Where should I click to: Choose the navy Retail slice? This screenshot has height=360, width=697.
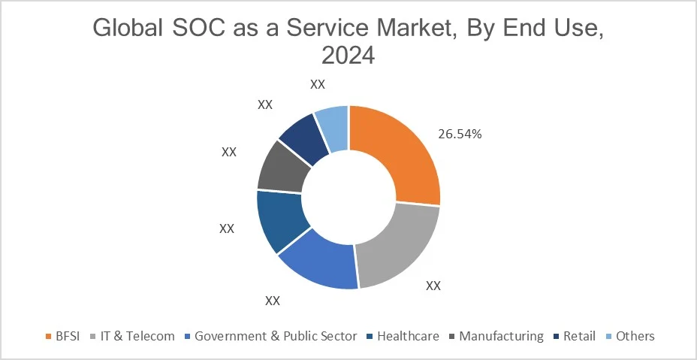tap(305, 135)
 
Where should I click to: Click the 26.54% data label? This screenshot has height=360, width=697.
tap(459, 135)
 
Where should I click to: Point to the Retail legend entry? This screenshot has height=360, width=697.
tap(579, 336)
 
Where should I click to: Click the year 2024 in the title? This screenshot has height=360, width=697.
tap(348, 56)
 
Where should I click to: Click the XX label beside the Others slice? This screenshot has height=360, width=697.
tap(317, 83)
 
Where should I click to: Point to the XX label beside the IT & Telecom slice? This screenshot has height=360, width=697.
tap(433, 286)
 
